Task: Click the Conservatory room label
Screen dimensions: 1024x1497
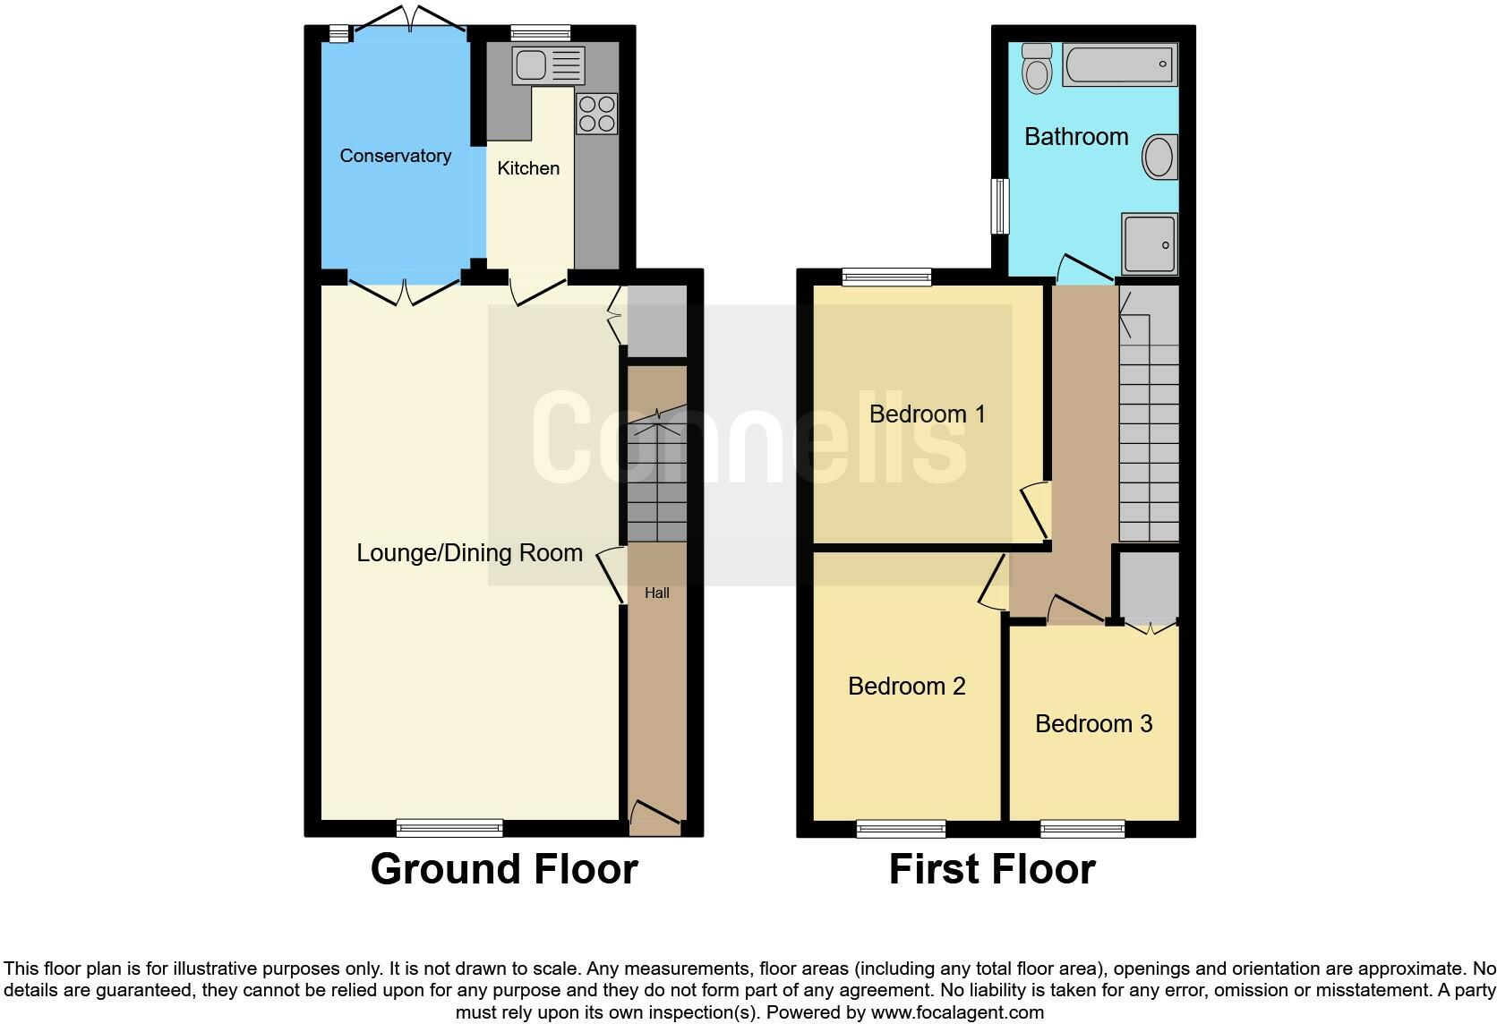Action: pos(395,156)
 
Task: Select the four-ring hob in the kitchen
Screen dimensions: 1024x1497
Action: pos(596,114)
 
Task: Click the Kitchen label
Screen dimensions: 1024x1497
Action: pos(528,168)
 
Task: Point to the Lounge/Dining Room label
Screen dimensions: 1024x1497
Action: pos(469,553)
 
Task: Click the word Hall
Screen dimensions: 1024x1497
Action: pos(657,593)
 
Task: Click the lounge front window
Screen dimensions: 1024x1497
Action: pos(449,828)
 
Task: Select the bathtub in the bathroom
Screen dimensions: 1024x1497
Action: pos(1119,64)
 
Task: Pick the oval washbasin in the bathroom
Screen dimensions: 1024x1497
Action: pos(1159,158)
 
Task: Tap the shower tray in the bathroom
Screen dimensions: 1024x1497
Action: pos(1150,244)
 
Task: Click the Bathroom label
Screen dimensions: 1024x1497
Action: pos(1076,137)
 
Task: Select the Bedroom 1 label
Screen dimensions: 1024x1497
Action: pos(927,414)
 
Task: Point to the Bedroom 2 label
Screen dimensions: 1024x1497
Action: pos(906,687)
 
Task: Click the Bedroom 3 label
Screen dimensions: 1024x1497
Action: pos(1093,724)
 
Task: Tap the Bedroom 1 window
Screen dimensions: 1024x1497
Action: pos(886,277)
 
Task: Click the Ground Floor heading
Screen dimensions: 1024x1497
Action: pos(504,869)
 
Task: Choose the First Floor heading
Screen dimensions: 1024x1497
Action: pos(992,869)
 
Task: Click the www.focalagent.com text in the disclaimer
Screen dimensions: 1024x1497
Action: pos(957,1012)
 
